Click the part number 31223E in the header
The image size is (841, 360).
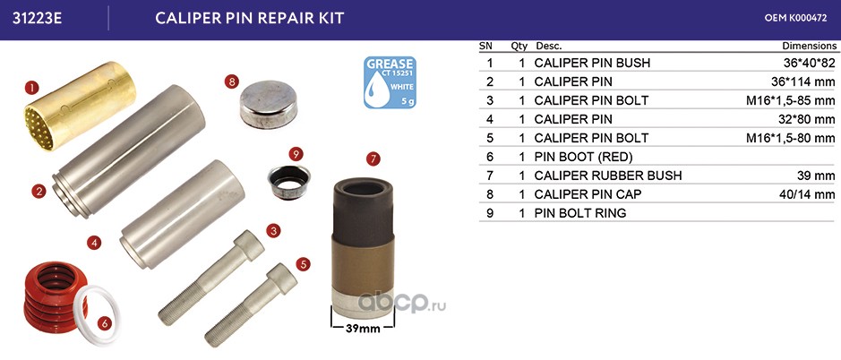click(38, 18)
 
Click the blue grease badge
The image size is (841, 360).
click(390, 82)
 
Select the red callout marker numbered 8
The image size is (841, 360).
click(232, 82)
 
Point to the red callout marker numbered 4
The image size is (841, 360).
click(94, 243)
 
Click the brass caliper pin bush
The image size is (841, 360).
click(80, 106)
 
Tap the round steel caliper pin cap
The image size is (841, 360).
click(268, 105)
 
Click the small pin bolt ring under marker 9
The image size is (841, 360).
click(288, 182)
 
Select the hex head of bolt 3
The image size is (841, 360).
click(249, 245)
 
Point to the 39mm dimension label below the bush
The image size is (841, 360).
click(364, 329)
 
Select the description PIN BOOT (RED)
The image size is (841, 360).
click(584, 157)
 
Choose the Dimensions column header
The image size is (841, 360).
click(809, 47)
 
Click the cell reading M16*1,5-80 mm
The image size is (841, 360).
click(791, 138)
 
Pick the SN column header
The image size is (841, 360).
click(486, 47)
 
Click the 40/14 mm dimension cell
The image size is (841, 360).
click(807, 194)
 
